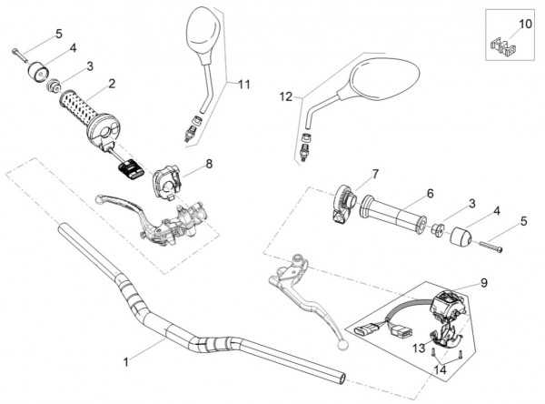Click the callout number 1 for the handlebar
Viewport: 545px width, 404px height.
[127, 360]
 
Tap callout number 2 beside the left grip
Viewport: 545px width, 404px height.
[111, 84]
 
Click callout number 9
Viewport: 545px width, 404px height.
[483, 283]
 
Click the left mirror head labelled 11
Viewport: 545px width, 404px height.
[200, 35]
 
